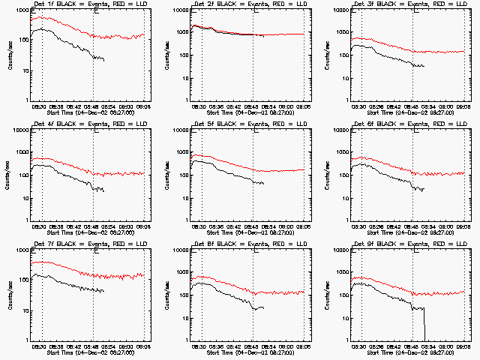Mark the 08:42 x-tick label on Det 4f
(x=76, y=226)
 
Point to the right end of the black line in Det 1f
(x=104, y=60)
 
